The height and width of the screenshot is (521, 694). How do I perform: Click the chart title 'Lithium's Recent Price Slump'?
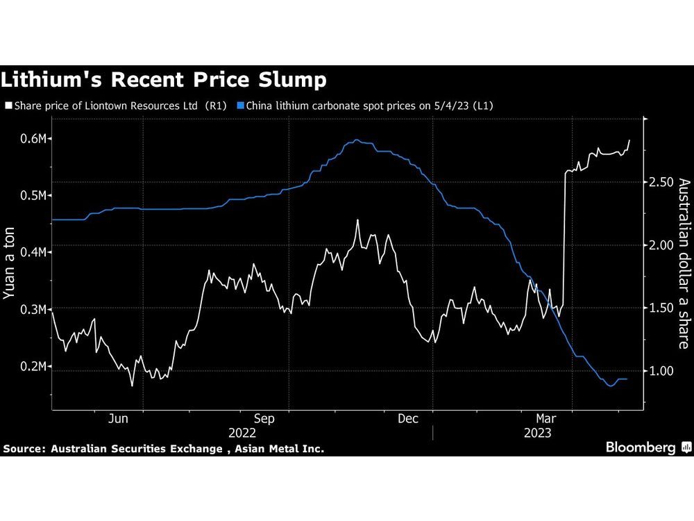click(164, 81)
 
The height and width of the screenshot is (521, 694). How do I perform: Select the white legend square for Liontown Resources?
click(8, 106)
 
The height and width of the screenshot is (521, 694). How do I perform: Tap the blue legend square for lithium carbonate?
click(241, 106)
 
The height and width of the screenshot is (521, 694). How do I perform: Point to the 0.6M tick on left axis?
click(32, 139)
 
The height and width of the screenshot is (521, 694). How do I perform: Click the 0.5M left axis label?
click(32, 196)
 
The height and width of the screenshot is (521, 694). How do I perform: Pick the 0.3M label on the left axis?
click(32, 309)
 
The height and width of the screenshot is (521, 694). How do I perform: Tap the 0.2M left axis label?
click(32, 366)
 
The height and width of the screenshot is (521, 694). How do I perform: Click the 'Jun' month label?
click(119, 419)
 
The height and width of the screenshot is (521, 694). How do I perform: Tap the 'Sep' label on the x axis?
click(264, 419)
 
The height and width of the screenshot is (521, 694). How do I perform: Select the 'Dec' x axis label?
click(407, 419)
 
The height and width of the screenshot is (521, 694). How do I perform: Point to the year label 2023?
click(537, 433)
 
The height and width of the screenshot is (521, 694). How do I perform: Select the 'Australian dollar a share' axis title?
click(684, 264)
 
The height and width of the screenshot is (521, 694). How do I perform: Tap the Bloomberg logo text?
click(641, 447)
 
